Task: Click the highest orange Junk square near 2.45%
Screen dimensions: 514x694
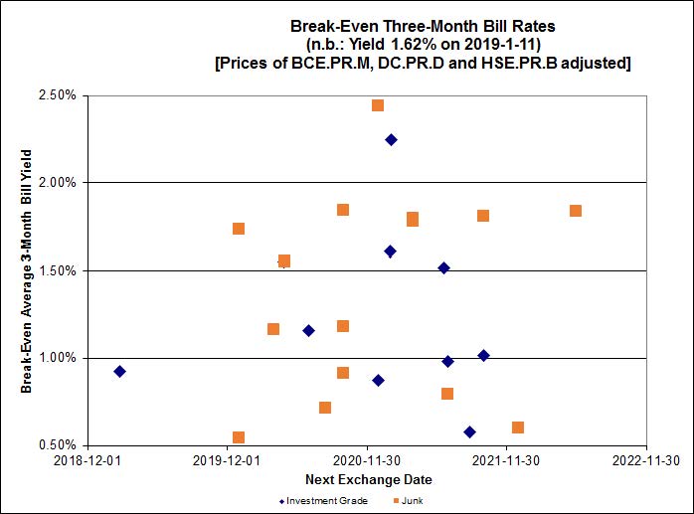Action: click(378, 105)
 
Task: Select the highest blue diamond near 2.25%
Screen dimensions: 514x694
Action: click(391, 140)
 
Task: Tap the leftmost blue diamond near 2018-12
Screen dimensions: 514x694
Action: click(119, 372)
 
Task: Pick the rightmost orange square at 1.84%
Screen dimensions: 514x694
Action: click(576, 211)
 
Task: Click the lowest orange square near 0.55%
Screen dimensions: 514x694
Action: click(239, 437)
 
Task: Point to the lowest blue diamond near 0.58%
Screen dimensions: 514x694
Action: click(469, 432)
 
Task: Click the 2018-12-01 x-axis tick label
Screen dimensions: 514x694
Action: click(87, 460)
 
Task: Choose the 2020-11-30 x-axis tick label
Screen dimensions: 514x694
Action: click(368, 460)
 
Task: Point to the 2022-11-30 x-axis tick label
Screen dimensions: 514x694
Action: click(646, 460)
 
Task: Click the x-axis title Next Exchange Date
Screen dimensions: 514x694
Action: click(368, 479)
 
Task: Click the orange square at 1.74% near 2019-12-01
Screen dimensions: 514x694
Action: click(239, 229)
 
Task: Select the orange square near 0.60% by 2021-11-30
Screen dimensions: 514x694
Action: click(518, 428)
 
